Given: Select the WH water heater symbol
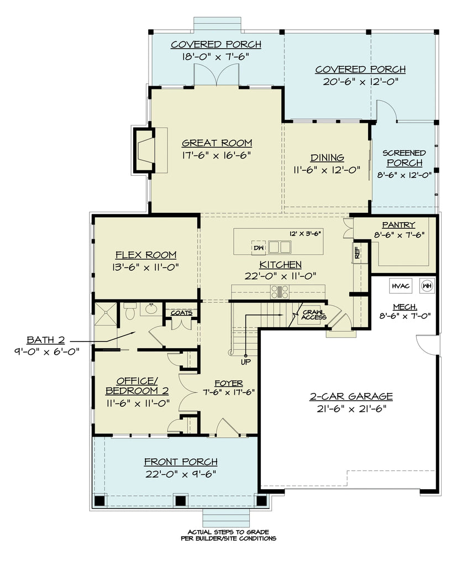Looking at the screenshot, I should (x=427, y=286).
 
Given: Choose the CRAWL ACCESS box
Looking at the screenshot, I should (x=313, y=316).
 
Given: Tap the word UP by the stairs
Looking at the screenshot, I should (x=245, y=362).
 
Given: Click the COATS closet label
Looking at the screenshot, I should (x=181, y=313).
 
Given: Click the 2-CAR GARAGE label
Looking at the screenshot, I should (x=351, y=396).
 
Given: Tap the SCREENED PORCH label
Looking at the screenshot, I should (x=405, y=158).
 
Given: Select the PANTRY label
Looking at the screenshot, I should (x=398, y=224).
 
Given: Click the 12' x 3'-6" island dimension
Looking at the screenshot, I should (x=305, y=233).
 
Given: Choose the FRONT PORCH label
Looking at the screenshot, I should (x=181, y=462).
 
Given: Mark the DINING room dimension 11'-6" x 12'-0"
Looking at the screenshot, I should (x=327, y=170).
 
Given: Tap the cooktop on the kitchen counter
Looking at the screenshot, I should (x=280, y=292).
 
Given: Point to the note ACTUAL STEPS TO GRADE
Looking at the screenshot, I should (x=228, y=531).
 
